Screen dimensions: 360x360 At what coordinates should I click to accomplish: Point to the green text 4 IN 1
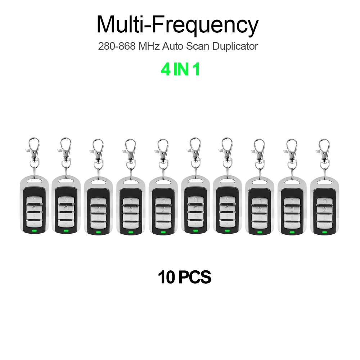pos(180,69)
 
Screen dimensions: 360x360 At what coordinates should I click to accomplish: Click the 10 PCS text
pos(184,277)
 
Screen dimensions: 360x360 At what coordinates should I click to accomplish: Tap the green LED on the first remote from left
pos(34,231)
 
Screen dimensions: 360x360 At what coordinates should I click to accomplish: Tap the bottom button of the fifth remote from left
pos(163,225)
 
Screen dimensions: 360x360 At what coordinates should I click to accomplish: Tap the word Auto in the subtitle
pos(173,46)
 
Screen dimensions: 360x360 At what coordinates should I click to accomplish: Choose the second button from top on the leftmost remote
pos(34,207)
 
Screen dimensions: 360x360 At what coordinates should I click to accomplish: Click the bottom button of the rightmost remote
pos(324,225)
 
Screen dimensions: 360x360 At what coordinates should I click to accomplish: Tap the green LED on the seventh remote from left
pos(228,231)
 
